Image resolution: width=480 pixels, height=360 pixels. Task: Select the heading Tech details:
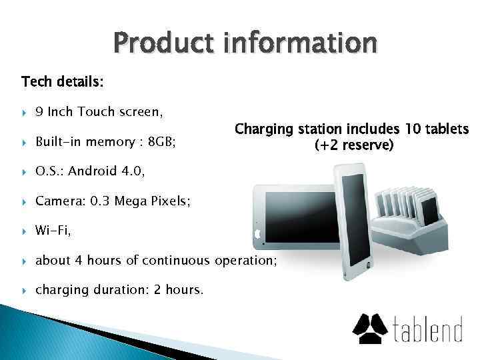pyautogui.click(x=63, y=82)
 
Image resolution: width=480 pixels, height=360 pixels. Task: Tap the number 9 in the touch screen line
pyautogui.click(x=40, y=112)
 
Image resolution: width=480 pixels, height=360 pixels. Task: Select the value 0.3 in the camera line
pyautogui.click(x=99, y=201)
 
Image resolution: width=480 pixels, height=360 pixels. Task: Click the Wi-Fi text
pyautogui.click(x=53, y=231)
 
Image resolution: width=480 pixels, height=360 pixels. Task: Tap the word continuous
pyautogui.click(x=179, y=261)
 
